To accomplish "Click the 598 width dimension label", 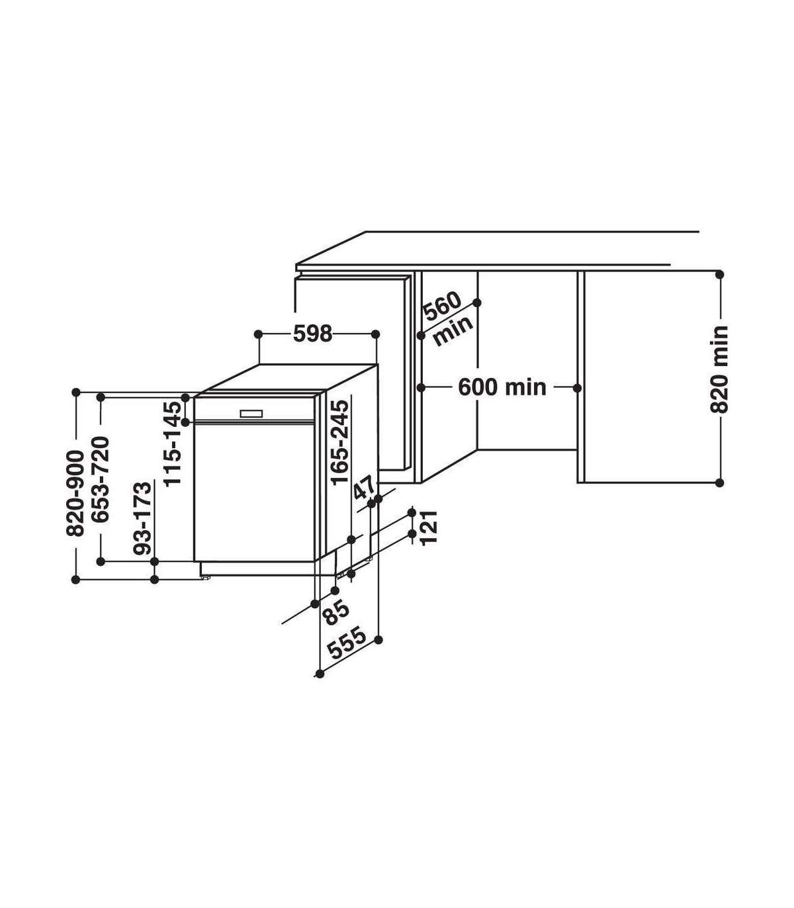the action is pos(312,334).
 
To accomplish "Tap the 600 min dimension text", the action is pos(502,387).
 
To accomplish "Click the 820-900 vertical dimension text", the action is pos(75,493).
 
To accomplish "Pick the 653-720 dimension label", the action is pos(101,479).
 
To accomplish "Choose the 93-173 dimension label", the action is pos(143,518).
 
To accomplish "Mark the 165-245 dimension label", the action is pos(340,443).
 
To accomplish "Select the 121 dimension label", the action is pos(430,527).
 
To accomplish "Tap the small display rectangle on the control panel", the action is pos(251,414).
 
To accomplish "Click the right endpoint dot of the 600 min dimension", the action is pos(577,387).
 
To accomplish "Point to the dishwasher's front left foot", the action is pos(206,577).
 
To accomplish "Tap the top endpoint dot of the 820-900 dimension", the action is pos(76,392).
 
